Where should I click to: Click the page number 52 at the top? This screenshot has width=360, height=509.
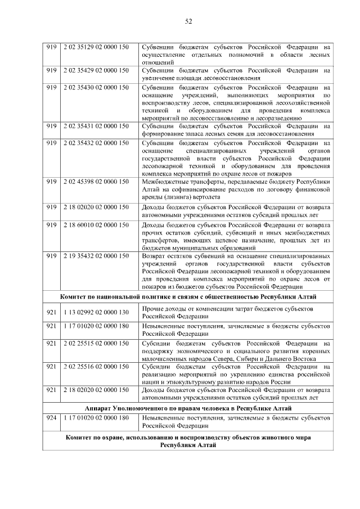click(x=188, y=21)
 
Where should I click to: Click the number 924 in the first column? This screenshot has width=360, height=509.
click(x=52, y=418)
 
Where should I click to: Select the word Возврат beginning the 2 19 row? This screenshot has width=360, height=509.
click(x=155, y=256)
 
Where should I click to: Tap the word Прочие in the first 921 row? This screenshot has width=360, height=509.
click(x=153, y=309)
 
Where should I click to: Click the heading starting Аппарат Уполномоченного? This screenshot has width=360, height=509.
click(x=188, y=407)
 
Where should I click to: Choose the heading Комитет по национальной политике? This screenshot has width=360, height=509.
click(x=188, y=296)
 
